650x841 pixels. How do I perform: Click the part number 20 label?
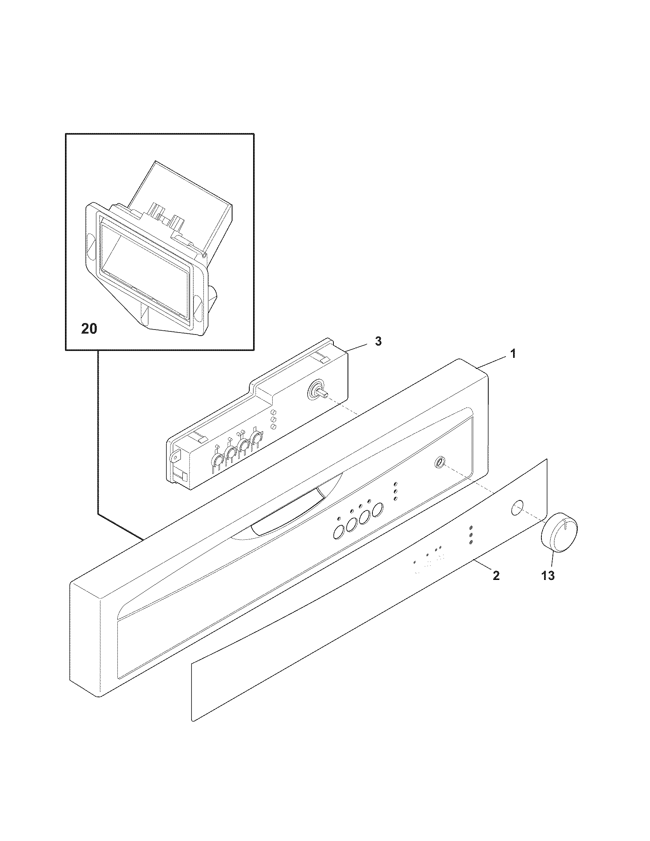pyautogui.click(x=89, y=329)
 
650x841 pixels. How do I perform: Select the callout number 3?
pyautogui.click(x=378, y=341)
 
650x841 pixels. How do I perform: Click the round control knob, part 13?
pyautogui.click(x=560, y=538)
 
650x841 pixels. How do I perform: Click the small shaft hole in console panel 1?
pyautogui.click(x=438, y=462)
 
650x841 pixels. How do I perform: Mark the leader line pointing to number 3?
pyautogui.click(x=360, y=346)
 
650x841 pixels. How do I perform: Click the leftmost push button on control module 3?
pyautogui.click(x=217, y=460)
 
